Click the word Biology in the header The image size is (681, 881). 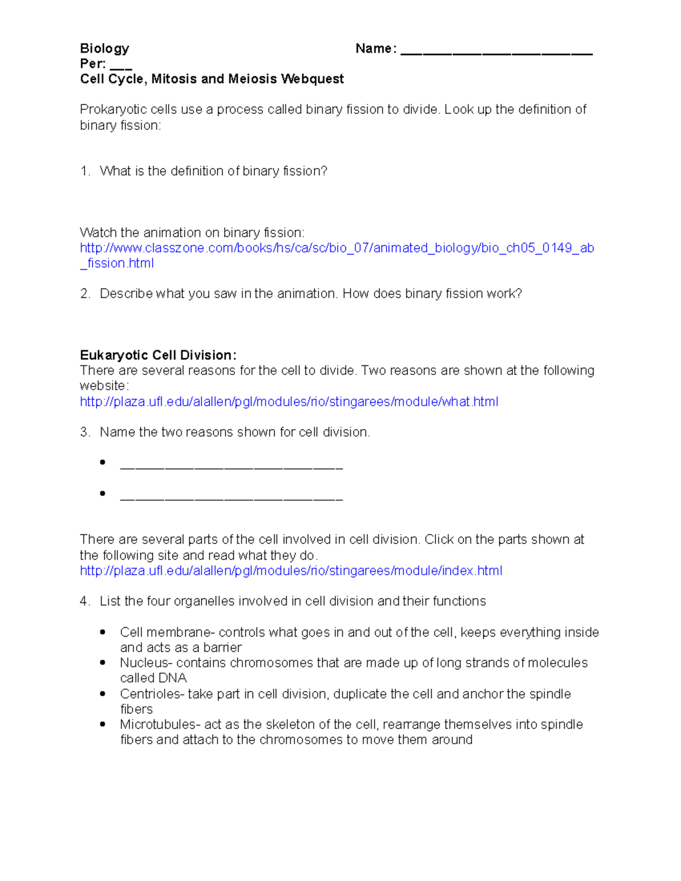[104, 49]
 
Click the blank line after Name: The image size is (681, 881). [496, 52]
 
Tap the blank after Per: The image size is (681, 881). [121, 66]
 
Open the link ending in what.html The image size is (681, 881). [289, 402]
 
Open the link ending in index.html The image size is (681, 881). [291, 571]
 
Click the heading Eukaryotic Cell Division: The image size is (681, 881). [158, 356]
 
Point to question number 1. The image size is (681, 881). [85, 171]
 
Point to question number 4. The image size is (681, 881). [85, 601]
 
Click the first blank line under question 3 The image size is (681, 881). [232, 467]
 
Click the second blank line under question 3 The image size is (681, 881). [232, 498]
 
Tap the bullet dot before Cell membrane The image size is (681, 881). [103, 632]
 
